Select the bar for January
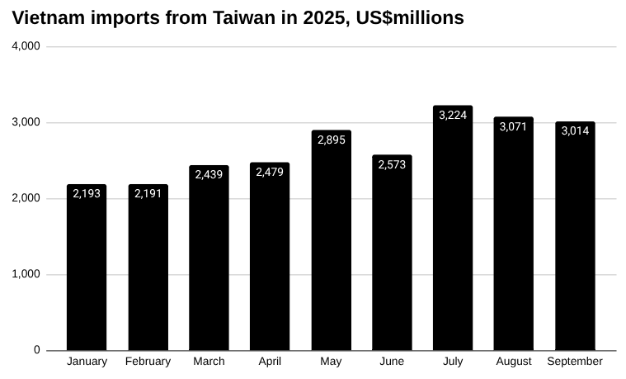click(x=87, y=268)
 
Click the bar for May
click(x=331, y=240)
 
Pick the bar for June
click(x=392, y=253)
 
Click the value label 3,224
click(x=453, y=115)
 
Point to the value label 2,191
click(x=148, y=193)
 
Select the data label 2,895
click(x=331, y=140)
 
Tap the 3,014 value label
click(x=575, y=130)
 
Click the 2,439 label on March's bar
click(x=209, y=174)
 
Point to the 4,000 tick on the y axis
click(x=26, y=46)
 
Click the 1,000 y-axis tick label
click(x=26, y=274)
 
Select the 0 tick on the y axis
click(x=36, y=350)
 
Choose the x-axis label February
click(x=148, y=362)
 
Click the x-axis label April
click(x=270, y=362)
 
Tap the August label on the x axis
click(x=514, y=362)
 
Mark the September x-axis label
click(x=575, y=362)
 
